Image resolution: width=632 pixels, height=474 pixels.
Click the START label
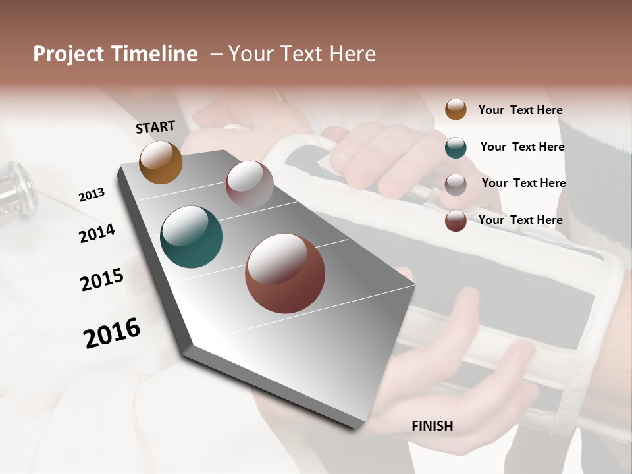point(155,127)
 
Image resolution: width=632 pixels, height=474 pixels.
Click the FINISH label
point(433,426)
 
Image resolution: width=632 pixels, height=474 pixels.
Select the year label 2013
point(92,195)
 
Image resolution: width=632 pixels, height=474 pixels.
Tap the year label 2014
point(97,234)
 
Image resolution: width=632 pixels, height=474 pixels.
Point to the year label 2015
point(102,280)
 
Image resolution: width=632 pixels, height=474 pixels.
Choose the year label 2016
point(112,333)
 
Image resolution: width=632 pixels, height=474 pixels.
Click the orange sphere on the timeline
point(161,162)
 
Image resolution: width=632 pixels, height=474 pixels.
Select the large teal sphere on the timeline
point(191,237)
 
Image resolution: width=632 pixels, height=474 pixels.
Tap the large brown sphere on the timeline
point(285,273)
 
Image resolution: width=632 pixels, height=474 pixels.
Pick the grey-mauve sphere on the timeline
point(250,184)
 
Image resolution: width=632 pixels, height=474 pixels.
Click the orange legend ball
point(456,109)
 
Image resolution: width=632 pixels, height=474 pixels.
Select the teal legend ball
point(456,147)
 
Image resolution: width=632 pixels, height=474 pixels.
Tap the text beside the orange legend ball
point(520,111)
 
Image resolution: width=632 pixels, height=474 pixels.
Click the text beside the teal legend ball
point(522,147)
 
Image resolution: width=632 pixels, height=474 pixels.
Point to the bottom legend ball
point(456,221)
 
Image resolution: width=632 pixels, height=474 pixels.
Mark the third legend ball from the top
point(456,184)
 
